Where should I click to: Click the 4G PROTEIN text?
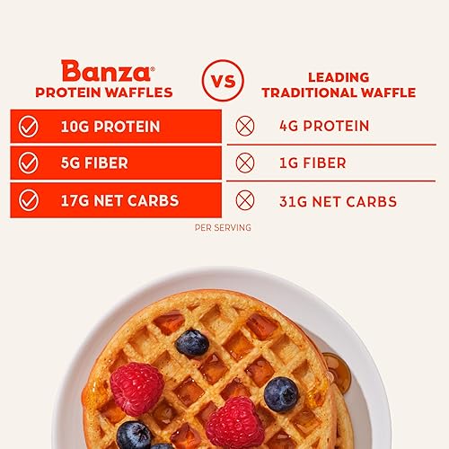coord(322,126)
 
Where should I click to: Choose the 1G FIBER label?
coord(312,163)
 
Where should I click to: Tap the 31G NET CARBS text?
coord(337,201)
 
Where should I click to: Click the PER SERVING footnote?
coord(223,227)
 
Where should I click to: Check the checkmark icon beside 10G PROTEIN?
coord(29,127)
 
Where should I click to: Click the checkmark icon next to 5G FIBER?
coord(29,163)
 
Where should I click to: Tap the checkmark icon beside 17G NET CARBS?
coord(29,201)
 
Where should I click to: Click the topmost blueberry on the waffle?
coord(192,342)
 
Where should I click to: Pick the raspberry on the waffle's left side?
coord(136,388)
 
